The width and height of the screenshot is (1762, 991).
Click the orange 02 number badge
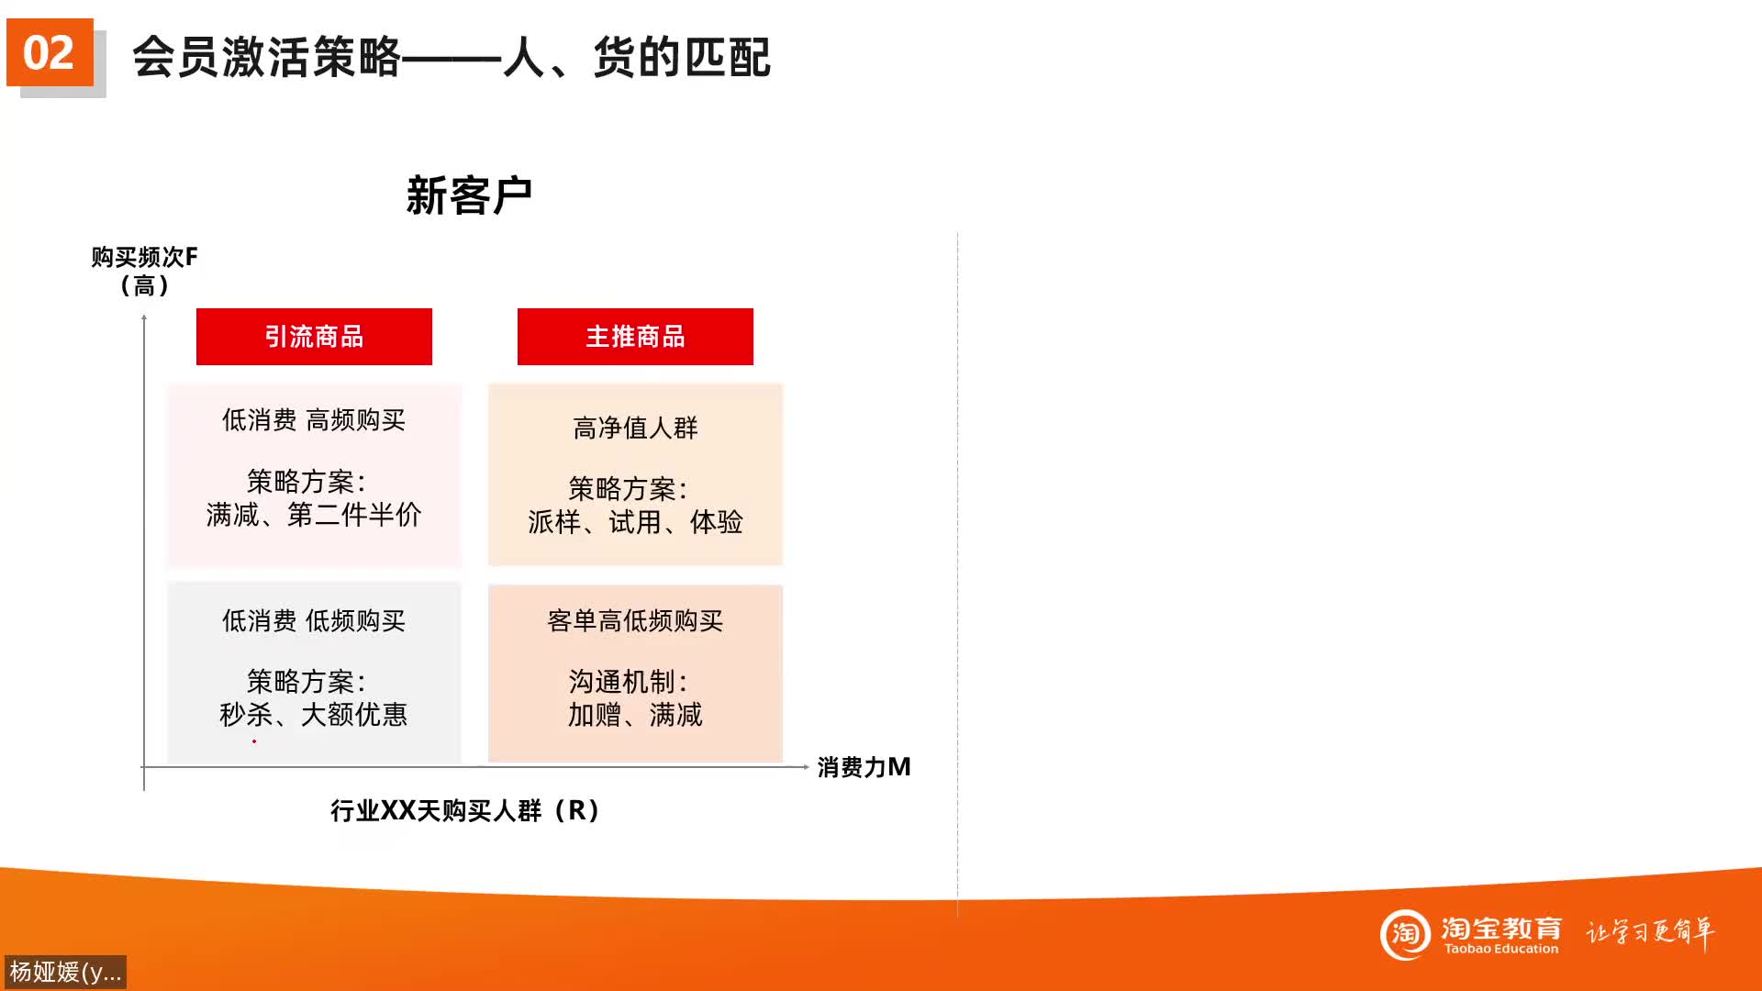click(x=50, y=52)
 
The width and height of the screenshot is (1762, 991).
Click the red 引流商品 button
click(x=314, y=337)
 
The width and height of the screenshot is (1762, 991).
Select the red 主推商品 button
click(x=635, y=337)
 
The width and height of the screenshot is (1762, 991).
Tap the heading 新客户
click(x=469, y=195)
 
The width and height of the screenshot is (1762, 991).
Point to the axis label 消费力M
click(x=864, y=767)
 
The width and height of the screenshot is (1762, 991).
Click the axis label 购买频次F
click(x=144, y=257)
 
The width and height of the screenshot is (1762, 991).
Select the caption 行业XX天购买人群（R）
click(x=465, y=811)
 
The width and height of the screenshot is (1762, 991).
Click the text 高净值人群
click(x=635, y=428)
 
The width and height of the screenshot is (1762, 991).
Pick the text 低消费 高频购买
click(x=314, y=420)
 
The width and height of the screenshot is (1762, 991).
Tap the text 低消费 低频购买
click(x=314, y=621)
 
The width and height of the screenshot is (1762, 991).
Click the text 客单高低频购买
click(x=635, y=621)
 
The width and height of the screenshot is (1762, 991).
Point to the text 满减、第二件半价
click(x=314, y=515)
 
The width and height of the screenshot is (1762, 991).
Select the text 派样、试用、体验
click(x=635, y=522)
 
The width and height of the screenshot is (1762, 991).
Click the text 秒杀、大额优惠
click(x=314, y=715)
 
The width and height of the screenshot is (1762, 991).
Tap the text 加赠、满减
click(x=635, y=715)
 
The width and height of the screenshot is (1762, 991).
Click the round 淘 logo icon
click(x=1405, y=934)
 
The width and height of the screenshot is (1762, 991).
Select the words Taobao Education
click(x=1501, y=950)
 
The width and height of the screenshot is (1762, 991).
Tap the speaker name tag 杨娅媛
click(x=65, y=972)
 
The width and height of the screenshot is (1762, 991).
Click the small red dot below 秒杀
click(x=254, y=741)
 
